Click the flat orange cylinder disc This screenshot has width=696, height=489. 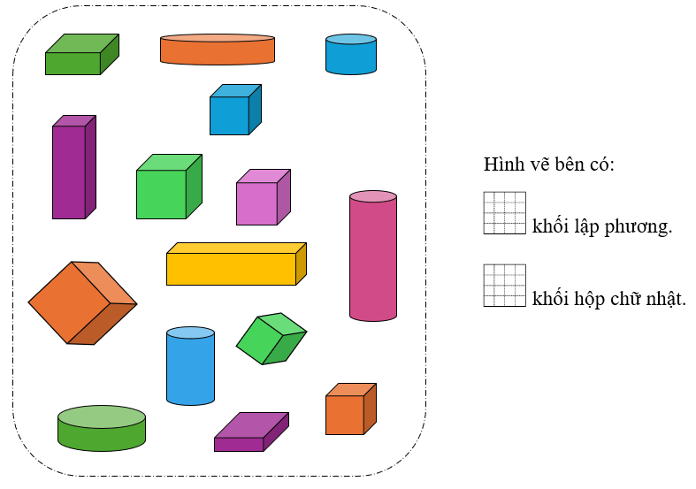coord(217,50)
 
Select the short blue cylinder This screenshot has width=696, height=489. coord(351,54)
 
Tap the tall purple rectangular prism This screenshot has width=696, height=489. coord(73,168)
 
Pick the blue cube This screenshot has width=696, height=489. coord(233,111)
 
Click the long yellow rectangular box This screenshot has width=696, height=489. coord(234,265)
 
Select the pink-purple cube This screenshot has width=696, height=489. coord(262,198)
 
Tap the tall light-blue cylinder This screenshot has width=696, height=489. coord(190,366)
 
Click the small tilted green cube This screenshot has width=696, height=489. coord(270,338)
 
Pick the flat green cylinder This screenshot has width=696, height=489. coord(102,428)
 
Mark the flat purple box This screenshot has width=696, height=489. coord(250,432)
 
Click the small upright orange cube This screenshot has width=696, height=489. coord(349,410)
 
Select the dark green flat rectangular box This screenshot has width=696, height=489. coord(80,55)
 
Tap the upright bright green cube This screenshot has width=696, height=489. coord(167,188)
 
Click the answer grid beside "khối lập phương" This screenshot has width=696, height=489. coord(504,213)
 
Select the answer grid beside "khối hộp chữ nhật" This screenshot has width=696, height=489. coord(504,286)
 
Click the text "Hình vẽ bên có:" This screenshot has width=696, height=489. coord(548,165)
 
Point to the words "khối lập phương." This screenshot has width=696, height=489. coord(602,226)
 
